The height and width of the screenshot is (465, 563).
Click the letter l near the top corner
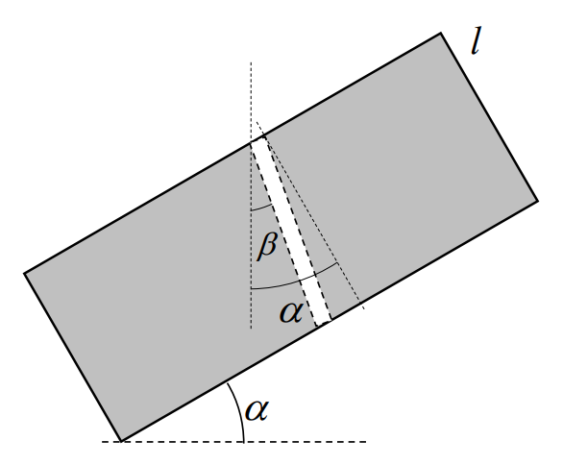[x=476, y=40]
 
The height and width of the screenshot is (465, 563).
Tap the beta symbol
[x=267, y=246]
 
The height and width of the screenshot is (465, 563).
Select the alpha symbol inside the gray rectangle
[x=291, y=311]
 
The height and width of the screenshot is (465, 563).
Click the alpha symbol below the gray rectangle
[x=257, y=409]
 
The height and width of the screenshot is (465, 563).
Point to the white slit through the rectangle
[x=290, y=232]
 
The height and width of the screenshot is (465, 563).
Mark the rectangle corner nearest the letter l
[x=441, y=34]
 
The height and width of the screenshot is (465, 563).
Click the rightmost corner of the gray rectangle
[x=537, y=201]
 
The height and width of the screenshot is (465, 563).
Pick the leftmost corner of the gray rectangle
[x=24, y=273]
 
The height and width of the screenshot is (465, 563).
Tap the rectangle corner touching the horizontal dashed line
[x=121, y=441]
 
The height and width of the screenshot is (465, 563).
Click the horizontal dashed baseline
[x=233, y=441]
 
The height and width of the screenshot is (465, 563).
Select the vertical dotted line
[x=251, y=195]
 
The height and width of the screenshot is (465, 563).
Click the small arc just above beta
[x=261, y=208]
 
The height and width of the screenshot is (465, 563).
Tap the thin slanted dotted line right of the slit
[x=310, y=214]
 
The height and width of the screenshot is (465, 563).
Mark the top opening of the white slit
[x=257, y=139]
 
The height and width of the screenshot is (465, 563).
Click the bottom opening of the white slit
[x=324, y=323]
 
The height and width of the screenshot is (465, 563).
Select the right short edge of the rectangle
[x=489, y=117]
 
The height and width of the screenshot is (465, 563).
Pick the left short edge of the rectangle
[x=72, y=357]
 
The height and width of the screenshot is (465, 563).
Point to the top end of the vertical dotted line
[x=251, y=62]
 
